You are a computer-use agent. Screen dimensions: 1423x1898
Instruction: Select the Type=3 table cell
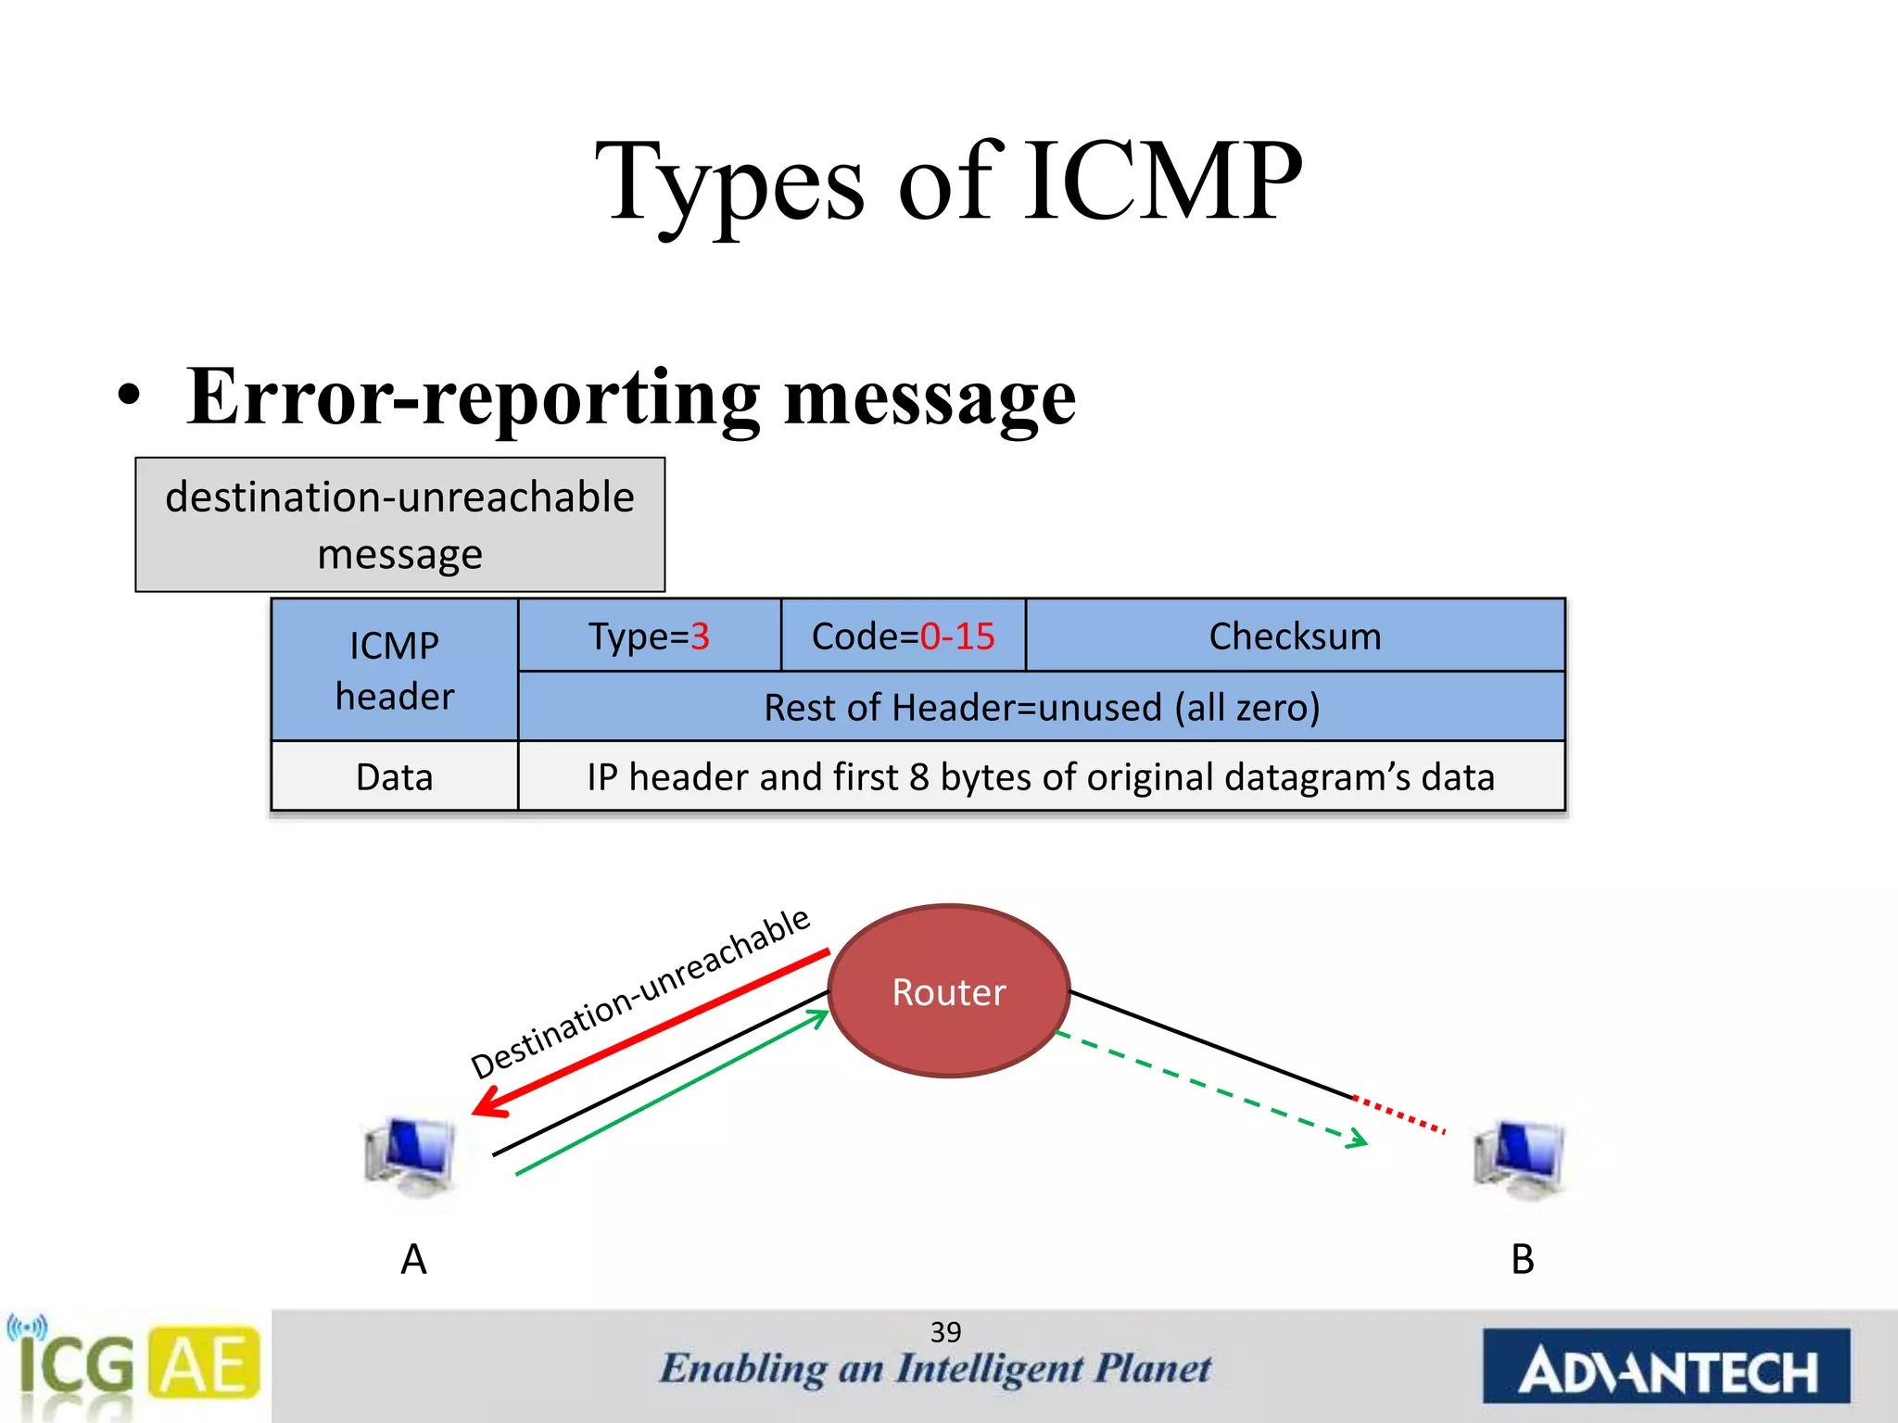click(649, 636)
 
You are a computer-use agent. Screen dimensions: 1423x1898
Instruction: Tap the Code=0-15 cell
click(903, 636)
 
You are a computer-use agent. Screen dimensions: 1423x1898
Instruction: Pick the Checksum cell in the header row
click(1295, 636)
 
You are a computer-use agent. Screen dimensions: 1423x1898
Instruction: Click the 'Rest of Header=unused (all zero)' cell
click(1041, 707)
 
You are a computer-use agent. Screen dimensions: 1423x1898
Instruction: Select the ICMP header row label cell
click(394, 670)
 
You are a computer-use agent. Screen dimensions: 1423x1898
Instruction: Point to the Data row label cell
click(394, 776)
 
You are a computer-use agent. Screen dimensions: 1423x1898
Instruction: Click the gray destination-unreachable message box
click(399, 524)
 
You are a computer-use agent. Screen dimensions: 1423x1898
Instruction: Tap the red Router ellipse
click(948, 991)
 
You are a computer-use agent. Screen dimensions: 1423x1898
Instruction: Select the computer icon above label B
click(1519, 1158)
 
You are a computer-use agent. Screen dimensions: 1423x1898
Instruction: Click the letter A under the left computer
click(413, 1259)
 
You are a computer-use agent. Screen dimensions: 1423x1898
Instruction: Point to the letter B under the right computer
click(1522, 1259)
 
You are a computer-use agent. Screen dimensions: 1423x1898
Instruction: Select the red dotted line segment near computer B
click(1399, 1114)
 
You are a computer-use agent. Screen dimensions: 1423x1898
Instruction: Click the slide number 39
click(945, 1332)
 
